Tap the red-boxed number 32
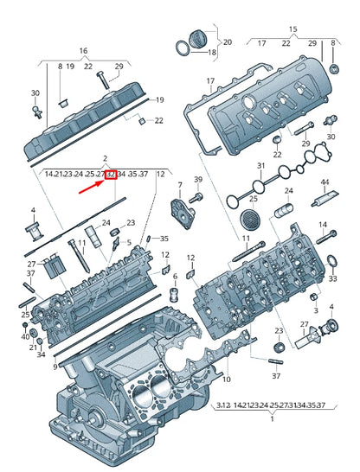[x=111, y=174]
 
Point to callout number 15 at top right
[x=292, y=29]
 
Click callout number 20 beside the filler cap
[x=228, y=41]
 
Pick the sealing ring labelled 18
[x=211, y=53]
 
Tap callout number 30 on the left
[x=35, y=93]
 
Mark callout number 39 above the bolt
[x=196, y=179]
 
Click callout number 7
[x=179, y=185]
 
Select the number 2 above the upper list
[x=105, y=159]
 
